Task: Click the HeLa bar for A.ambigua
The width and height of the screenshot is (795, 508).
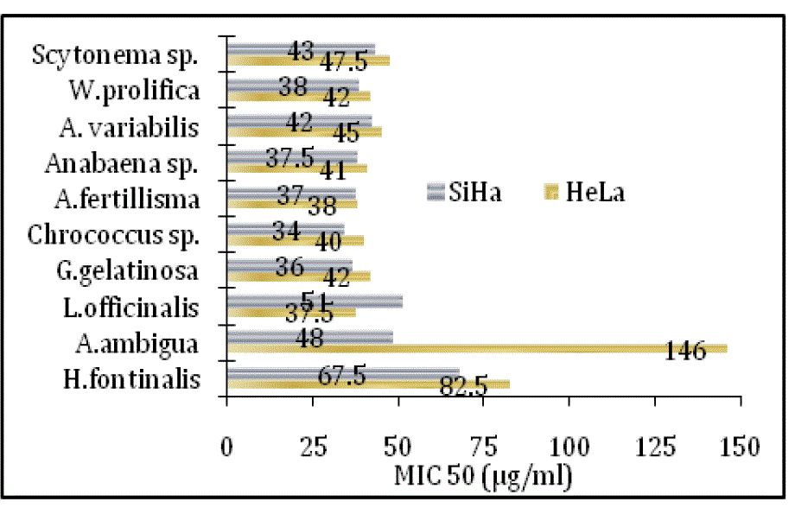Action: pos(475,348)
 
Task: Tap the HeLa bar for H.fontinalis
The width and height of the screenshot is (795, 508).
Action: pos(367,384)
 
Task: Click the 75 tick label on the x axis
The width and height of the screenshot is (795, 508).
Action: pos(483,448)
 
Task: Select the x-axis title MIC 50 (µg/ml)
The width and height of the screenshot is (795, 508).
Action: pos(483,475)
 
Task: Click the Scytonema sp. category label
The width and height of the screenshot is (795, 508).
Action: pos(116,55)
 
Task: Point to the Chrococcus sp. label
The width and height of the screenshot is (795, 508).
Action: pos(114,235)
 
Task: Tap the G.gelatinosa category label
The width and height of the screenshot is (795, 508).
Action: pos(125,271)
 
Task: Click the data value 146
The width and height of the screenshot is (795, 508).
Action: pos(686,351)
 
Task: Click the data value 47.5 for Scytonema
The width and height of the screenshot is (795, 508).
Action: pos(344,62)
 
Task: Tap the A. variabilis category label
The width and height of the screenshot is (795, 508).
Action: pos(130,128)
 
